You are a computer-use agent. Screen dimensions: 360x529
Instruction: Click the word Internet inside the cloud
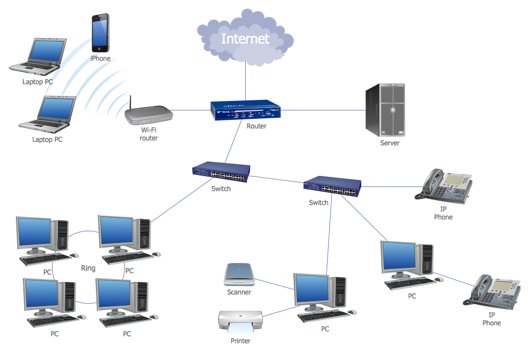point(245,39)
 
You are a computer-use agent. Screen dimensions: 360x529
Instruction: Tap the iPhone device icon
point(100,33)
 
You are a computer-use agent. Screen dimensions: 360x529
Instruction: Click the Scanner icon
point(239,274)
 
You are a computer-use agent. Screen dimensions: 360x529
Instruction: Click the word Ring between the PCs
point(88,268)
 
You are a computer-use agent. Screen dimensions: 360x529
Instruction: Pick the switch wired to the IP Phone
point(330,187)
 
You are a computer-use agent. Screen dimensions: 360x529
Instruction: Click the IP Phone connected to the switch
point(444,185)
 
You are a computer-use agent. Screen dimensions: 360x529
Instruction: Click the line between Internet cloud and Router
point(245,82)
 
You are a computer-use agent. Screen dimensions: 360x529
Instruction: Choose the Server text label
point(390,143)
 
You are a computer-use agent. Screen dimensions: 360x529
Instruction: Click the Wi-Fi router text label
point(148,134)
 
